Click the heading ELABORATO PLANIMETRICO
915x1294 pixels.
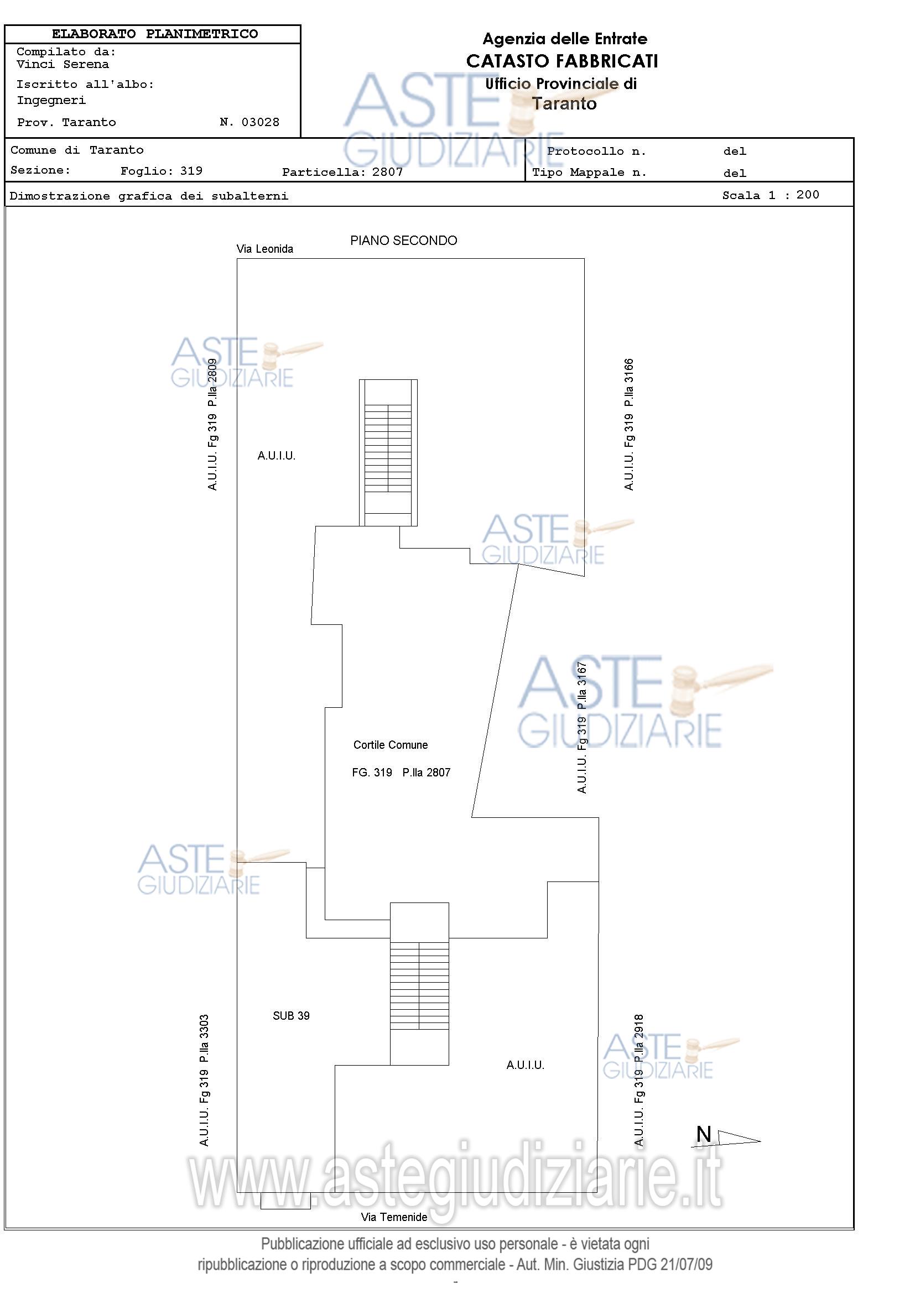coord(155,34)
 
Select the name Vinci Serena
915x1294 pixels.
coord(63,64)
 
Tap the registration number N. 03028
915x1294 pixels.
coord(249,122)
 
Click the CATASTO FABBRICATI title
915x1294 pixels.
coord(562,61)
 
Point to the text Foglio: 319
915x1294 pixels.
coord(161,171)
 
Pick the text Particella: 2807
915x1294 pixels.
coord(343,172)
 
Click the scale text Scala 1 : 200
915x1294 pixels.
coord(771,195)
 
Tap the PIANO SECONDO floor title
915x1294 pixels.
coord(404,241)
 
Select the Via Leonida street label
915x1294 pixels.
coord(265,248)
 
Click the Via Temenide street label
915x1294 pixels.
coord(394,1217)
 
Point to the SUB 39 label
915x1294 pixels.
coord(291,1016)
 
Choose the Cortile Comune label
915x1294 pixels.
coord(391,745)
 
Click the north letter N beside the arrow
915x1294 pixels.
coord(704,1134)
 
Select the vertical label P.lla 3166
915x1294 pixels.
coord(629,383)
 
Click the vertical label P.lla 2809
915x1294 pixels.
coord(212,383)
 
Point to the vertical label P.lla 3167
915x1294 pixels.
coord(583,686)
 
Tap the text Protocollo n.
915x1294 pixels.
coord(596,152)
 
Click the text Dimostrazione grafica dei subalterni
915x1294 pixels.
coord(149,196)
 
